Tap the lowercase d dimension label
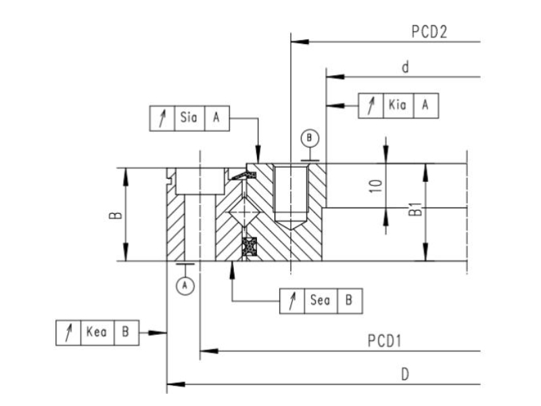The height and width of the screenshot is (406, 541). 405,66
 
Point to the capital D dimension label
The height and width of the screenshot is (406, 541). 405,374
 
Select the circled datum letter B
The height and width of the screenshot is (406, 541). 310,138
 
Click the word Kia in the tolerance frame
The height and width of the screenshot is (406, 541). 398,105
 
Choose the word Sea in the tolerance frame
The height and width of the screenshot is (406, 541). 320,300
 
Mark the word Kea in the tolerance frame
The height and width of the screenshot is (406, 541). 97,332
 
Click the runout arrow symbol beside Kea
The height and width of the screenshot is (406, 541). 68,332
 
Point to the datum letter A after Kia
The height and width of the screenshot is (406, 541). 425,105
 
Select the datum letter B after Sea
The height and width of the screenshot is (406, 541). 348,300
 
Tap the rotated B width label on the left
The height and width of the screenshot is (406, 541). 116,215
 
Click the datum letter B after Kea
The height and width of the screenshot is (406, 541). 125,332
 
